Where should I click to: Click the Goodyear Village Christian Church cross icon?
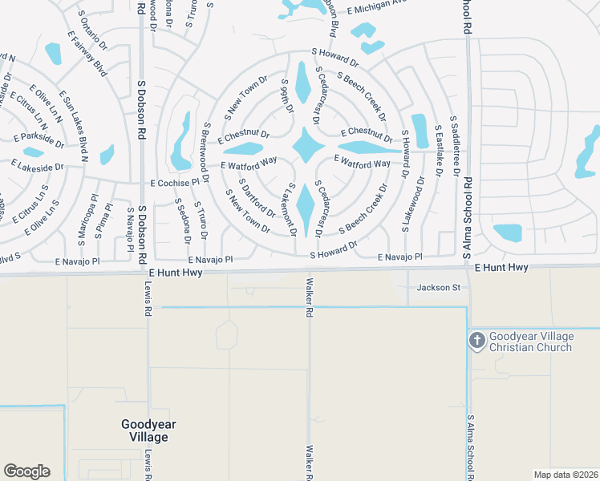tap(476, 340)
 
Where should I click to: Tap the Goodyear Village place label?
tap(144, 430)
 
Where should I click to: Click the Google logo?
tap(26, 471)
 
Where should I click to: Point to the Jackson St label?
tap(438, 287)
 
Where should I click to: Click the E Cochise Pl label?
tap(173, 183)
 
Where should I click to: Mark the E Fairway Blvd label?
tap(87, 58)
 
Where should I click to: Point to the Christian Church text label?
tap(531, 347)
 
